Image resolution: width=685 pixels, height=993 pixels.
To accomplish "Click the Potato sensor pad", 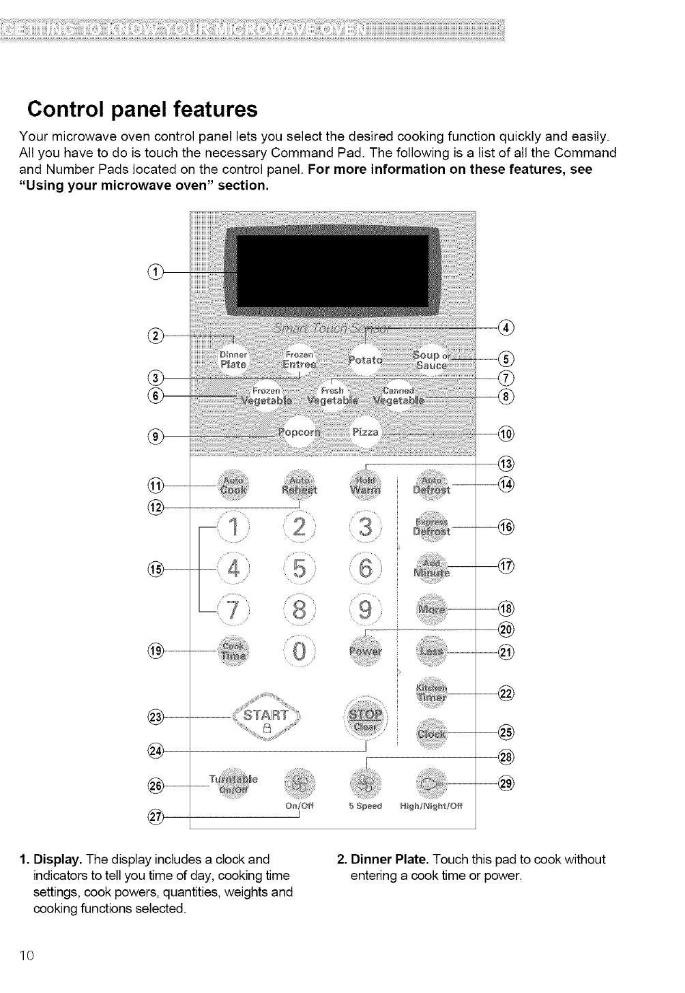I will coord(366,359).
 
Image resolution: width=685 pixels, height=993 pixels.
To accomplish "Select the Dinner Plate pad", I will coord(234,360).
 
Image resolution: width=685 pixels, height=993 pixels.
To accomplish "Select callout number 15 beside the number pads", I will coord(155,568).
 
